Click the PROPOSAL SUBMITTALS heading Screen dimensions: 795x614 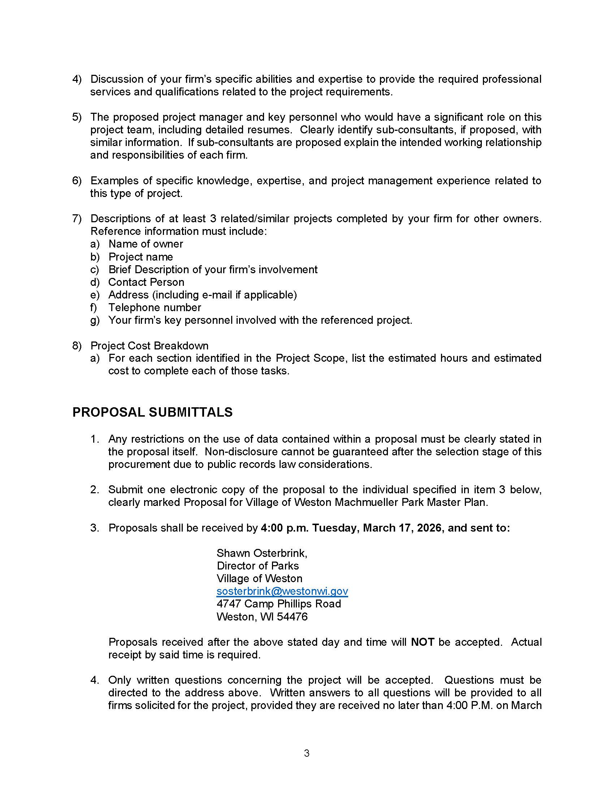pyautogui.click(x=152, y=412)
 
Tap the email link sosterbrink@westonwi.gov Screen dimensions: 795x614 pyautogui.click(x=282, y=591)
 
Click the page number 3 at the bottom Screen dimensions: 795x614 pyautogui.click(x=307, y=753)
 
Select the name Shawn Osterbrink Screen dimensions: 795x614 pyautogui.click(x=261, y=553)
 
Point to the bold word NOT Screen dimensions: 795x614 pyautogui.click(x=422, y=642)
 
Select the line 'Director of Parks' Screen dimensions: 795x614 pyautogui.click(x=258, y=566)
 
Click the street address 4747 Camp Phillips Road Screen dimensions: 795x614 pyautogui.click(x=278, y=604)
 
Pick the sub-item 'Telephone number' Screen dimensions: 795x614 pyautogui.click(x=155, y=308)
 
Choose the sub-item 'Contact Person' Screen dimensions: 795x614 pyautogui.click(x=146, y=282)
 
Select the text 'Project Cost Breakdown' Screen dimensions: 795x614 pyautogui.click(x=150, y=345)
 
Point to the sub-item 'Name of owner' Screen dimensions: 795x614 pyautogui.click(x=146, y=244)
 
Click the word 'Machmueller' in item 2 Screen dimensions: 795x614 pyautogui.click(x=366, y=502)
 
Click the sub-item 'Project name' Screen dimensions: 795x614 pyautogui.click(x=141, y=257)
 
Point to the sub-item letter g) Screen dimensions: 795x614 pyautogui.click(x=95, y=320)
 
